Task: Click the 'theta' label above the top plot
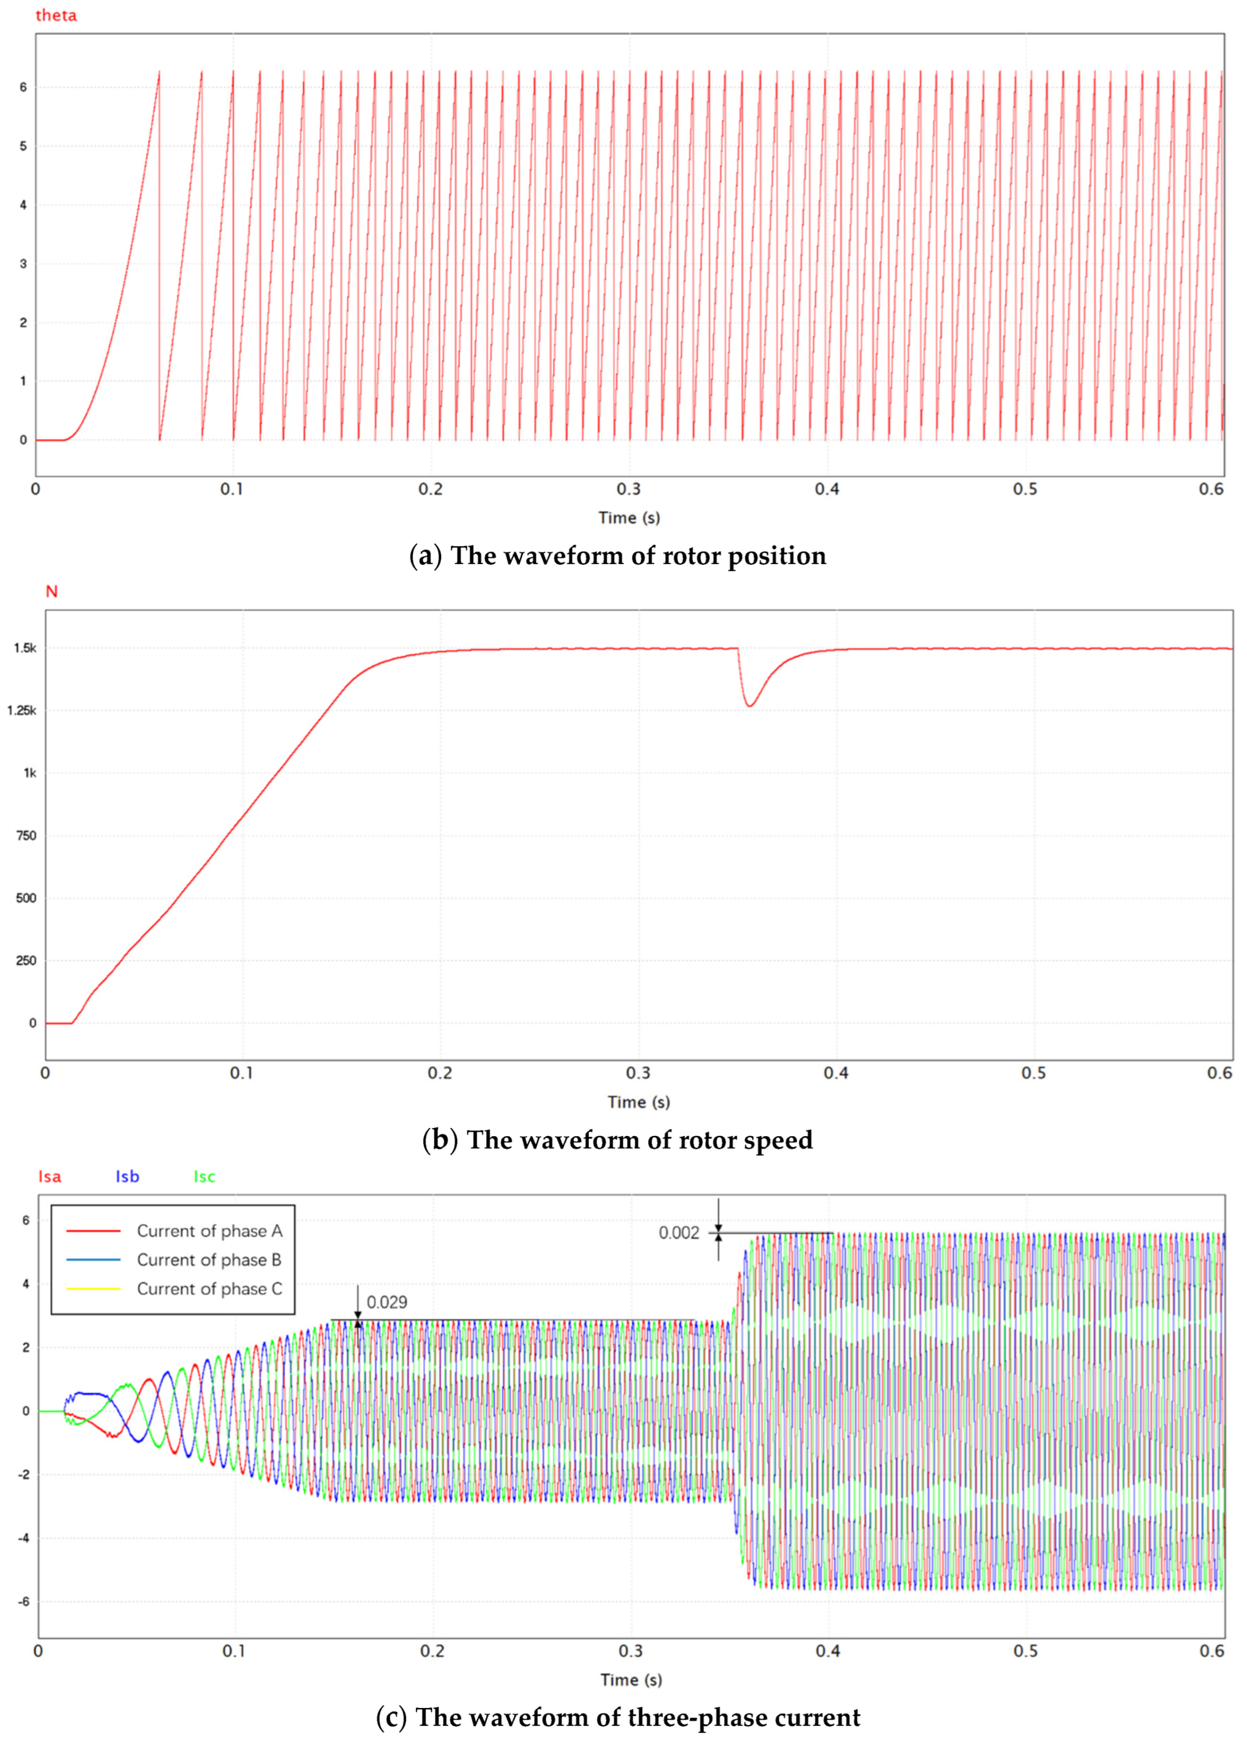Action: point(56,15)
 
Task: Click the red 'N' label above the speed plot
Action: point(51,591)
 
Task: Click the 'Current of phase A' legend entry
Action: point(209,1231)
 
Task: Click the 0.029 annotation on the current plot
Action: point(387,1302)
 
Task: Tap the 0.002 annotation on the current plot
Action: point(679,1233)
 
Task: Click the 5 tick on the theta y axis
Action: point(23,146)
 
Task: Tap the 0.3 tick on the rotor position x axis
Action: point(629,489)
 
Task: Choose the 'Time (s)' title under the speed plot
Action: point(639,1102)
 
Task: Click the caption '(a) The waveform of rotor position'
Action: point(618,556)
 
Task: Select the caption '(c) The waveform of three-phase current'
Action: point(618,1717)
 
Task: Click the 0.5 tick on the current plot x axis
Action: point(1025,1651)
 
